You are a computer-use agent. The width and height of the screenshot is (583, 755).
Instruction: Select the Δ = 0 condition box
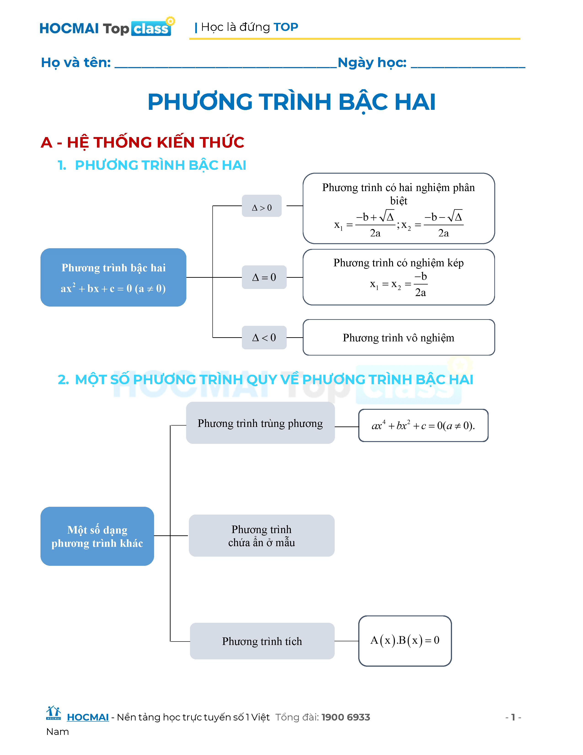[264, 277]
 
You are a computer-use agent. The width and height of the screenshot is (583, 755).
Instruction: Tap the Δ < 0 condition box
[264, 337]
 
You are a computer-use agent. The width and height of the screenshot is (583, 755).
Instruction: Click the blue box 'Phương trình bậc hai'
[113, 277]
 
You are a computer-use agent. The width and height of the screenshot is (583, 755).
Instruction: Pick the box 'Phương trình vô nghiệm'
[398, 337]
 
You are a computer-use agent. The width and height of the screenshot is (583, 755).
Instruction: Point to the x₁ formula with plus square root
[365, 225]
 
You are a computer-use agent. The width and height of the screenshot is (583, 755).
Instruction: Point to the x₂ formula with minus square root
[433, 225]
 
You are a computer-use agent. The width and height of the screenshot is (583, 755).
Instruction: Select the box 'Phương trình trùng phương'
[260, 423]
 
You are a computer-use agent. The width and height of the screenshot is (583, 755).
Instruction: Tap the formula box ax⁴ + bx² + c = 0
[423, 426]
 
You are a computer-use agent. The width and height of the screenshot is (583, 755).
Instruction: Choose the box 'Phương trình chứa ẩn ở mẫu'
[262, 536]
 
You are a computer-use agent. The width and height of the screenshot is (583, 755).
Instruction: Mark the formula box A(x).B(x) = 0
[405, 641]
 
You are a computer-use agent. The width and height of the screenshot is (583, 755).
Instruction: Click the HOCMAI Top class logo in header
[106, 28]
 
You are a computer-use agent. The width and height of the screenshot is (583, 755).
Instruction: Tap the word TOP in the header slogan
[286, 27]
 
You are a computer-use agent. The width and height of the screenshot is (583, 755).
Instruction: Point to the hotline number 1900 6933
[346, 717]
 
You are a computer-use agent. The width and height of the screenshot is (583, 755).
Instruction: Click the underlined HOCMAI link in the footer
[88, 717]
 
